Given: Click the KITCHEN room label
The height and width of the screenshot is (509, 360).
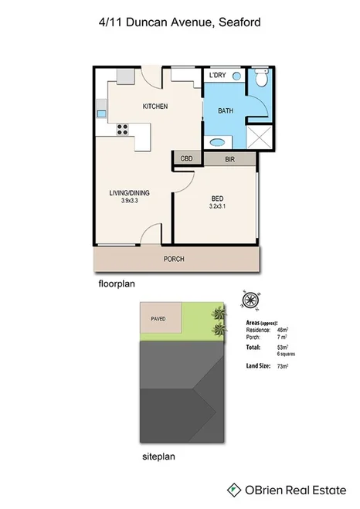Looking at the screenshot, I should point(155,106).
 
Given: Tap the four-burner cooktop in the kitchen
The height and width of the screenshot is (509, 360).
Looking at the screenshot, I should point(121,130).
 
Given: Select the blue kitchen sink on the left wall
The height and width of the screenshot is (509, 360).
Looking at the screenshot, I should point(101,114).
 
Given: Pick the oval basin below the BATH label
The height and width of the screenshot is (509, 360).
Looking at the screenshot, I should point(219,141).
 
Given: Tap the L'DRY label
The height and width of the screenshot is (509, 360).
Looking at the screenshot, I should point(216,76).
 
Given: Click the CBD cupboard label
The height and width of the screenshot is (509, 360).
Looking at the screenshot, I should point(186,158).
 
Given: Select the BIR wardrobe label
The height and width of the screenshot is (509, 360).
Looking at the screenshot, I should point(229,159).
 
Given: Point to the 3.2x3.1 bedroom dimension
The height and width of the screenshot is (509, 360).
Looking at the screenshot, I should point(219,206).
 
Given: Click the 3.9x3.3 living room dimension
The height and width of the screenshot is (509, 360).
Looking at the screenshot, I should point(134,201).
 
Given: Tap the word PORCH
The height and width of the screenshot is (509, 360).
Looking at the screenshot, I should point(174,259).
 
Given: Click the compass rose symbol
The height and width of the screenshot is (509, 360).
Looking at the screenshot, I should point(250,300).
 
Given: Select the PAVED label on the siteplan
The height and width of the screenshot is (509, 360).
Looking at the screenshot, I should point(158,317).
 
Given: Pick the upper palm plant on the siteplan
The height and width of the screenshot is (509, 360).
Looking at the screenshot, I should point(220,314).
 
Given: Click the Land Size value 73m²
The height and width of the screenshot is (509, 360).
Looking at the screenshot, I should point(283,365).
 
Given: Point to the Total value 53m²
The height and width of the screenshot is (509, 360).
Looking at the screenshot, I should point(283,348).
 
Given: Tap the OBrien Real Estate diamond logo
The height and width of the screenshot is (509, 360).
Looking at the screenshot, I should point(232,489).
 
